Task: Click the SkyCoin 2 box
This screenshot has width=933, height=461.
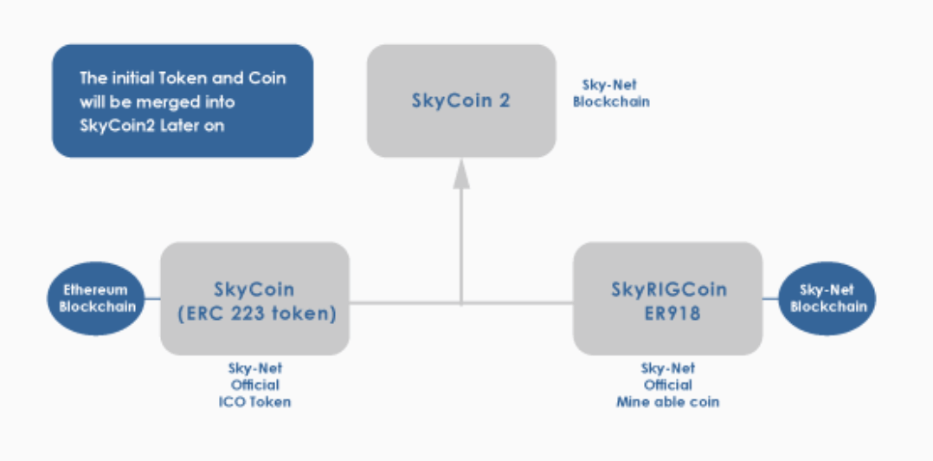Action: pyautogui.click(x=460, y=101)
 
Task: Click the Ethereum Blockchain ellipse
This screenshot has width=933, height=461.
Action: pyautogui.click(x=95, y=298)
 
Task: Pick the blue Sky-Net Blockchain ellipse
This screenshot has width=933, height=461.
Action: pyautogui.click(x=828, y=298)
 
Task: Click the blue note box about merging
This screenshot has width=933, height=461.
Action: pyautogui.click(x=183, y=101)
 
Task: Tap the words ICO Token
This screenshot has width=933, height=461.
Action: pyautogui.click(x=254, y=402)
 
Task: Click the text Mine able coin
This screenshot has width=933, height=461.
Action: pyautogui.click(x=667, y=402)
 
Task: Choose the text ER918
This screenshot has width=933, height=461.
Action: pyautogui.click(x=667, y=313)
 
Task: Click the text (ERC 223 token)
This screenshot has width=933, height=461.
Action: pyautogui.click(x=255, y=313)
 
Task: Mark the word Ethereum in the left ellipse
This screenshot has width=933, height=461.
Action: pyautogui.click(x=95, y=290)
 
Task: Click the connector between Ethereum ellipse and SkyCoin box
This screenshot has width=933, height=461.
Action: pyautogui.click(x=152, y=300)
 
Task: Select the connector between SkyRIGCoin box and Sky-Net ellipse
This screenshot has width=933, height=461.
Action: pyautogui.click(x=770, y=300)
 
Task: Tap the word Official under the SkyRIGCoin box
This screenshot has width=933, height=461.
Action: pyautogui.click(x=667, y=385)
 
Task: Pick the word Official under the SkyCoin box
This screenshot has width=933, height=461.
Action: pyautogui.click(x=254, y=385)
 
